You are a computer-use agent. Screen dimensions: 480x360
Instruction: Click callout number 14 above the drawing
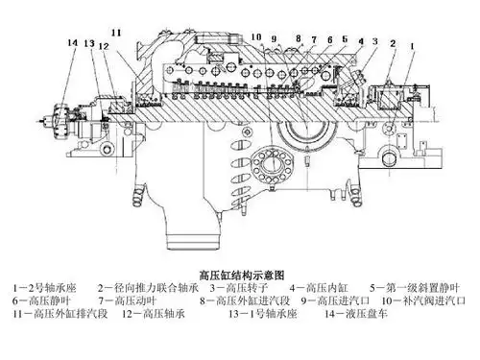(x=73, y=42)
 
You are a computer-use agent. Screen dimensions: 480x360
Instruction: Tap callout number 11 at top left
(x=116, y=33)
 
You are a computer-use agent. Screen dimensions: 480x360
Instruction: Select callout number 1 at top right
(x=412, y=46)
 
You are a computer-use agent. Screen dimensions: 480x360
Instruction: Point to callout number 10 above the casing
(x=256, y=37)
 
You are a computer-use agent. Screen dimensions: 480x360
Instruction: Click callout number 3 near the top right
(x=375, y=41)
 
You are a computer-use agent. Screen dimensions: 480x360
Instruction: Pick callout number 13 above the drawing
(x=89, y=43)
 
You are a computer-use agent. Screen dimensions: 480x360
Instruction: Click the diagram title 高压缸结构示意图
(x=242, y=275)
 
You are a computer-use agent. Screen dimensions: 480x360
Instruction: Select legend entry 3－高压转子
(x=239, y=288)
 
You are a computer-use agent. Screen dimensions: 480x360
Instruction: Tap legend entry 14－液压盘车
(x=356, y=314)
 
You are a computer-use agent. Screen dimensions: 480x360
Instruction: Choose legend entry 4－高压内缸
(x=319, y=288)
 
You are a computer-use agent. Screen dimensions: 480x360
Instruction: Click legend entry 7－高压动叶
(x=128, y=300)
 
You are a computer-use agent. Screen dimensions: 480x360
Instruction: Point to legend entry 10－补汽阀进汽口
(x=423, y=300)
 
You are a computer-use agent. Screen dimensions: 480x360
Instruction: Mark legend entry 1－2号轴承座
(x=44, y=288)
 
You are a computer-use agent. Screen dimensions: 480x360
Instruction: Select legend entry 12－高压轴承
(x=154, y=314)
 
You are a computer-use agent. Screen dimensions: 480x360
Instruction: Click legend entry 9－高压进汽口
(x=335, y=300)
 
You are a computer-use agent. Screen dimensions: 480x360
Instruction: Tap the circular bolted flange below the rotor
(x=273, y=165)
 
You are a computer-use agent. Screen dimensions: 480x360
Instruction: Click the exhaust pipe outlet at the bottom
(x=194, y=241)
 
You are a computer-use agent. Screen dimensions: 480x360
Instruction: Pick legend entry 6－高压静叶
(x=41, y=300)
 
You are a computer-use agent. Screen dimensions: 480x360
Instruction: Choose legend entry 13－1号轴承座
(x=263, y=314)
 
